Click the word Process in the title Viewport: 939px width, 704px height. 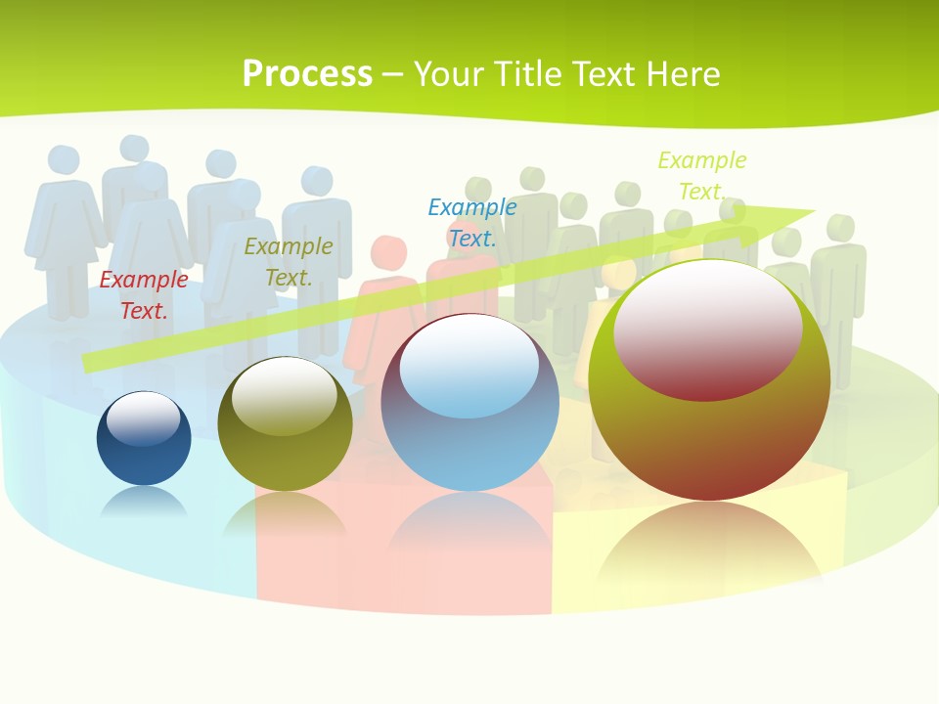307,74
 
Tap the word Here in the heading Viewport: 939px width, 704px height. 684,74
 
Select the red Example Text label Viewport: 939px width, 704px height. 144,295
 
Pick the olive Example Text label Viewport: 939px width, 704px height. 289,262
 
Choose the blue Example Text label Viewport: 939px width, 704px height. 472,222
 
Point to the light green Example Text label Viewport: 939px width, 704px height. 701,175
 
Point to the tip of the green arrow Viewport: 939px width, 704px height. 812,210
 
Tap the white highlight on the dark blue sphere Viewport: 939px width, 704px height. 143,417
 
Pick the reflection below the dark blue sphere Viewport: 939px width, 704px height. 144,503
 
